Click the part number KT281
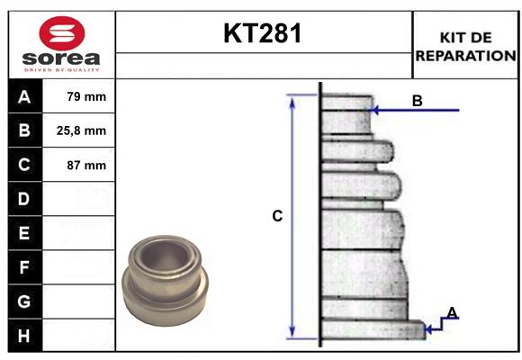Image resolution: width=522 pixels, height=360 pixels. [x=263, y=34]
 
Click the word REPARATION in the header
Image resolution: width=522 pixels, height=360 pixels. [x=466, y=55]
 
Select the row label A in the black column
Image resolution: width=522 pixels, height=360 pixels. [x=24, y=96]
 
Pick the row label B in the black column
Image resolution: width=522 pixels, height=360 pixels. [x=24, y=130]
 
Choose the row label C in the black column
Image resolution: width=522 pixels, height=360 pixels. [x=24, y=165]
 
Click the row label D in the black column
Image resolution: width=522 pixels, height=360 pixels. [x=24, y=199]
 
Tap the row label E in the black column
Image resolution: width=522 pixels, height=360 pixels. [x=24, y=233]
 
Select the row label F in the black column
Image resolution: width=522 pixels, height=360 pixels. [x=24, y=267]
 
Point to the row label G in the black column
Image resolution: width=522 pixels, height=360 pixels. [x=24, y=301]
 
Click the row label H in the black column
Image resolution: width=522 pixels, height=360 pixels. [x=24, y=336]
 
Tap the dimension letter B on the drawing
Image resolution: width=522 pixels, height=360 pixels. [x=417, y=101]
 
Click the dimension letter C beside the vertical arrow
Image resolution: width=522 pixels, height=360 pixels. [x=277, y=216]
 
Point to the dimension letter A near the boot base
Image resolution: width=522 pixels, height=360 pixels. [x=452, y=312]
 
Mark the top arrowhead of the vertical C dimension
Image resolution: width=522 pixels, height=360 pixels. [x=292, y=99]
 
